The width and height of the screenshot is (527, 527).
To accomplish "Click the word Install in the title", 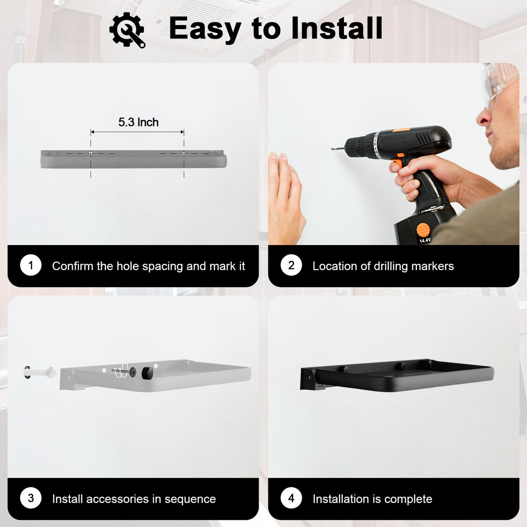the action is pyautogui.click(x=337, y=28).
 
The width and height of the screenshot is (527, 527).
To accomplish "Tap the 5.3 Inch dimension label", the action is pyautogui.click(x=138, y=122).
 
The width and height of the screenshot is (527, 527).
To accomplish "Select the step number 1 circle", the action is pyautogui.click(x=31, y=265).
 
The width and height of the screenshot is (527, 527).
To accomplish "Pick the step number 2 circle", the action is pyautogui.click(x=291, y=265).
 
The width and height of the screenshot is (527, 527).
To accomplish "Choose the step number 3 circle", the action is pyautogui.click(x=31, y=498).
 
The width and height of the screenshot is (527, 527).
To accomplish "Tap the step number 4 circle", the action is pyautogui.click(x=291, y=498).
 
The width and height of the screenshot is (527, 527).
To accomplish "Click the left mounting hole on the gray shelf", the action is pyautogui.click(x=91, y=153).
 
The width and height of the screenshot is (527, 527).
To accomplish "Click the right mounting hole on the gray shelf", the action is pyautogui.click(x=184, y=153).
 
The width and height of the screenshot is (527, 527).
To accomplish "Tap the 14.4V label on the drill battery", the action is pyautogui.click(x=425, y=240).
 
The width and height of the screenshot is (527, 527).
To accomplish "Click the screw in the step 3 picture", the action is pyautogui.click(x=123, y=371).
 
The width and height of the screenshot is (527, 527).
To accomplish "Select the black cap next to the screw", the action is pyautogui.click(x=148, y=372).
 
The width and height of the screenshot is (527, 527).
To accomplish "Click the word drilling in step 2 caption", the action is pyautogui.click(x=391, y=266).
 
